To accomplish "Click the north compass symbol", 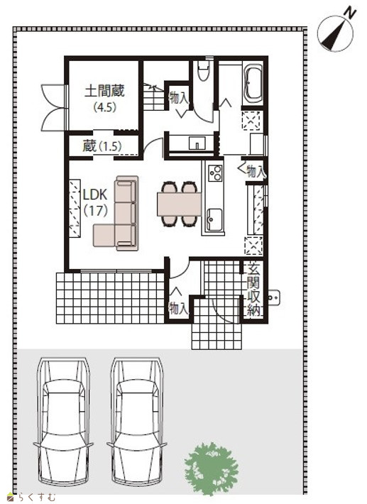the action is [x=336, y=32].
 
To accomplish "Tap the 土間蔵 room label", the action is [x=104, y=92].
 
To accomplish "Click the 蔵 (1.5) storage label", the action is [x=102, y=146].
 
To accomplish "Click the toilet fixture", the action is [x=203, y=71].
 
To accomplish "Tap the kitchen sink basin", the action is [x=214, y=219].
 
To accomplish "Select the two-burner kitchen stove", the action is [x=215, y=173].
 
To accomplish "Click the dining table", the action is [x=179, y=204].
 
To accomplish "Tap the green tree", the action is [x=212, y=469].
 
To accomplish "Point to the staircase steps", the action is [x=154, y=97].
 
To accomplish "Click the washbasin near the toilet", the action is [x=197, y=143].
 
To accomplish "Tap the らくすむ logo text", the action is [x=32, y=497].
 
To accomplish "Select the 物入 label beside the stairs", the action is [x=179, y=97].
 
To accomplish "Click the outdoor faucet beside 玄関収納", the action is [x=274, y=297].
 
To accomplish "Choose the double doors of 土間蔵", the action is [x=53, y=107].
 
